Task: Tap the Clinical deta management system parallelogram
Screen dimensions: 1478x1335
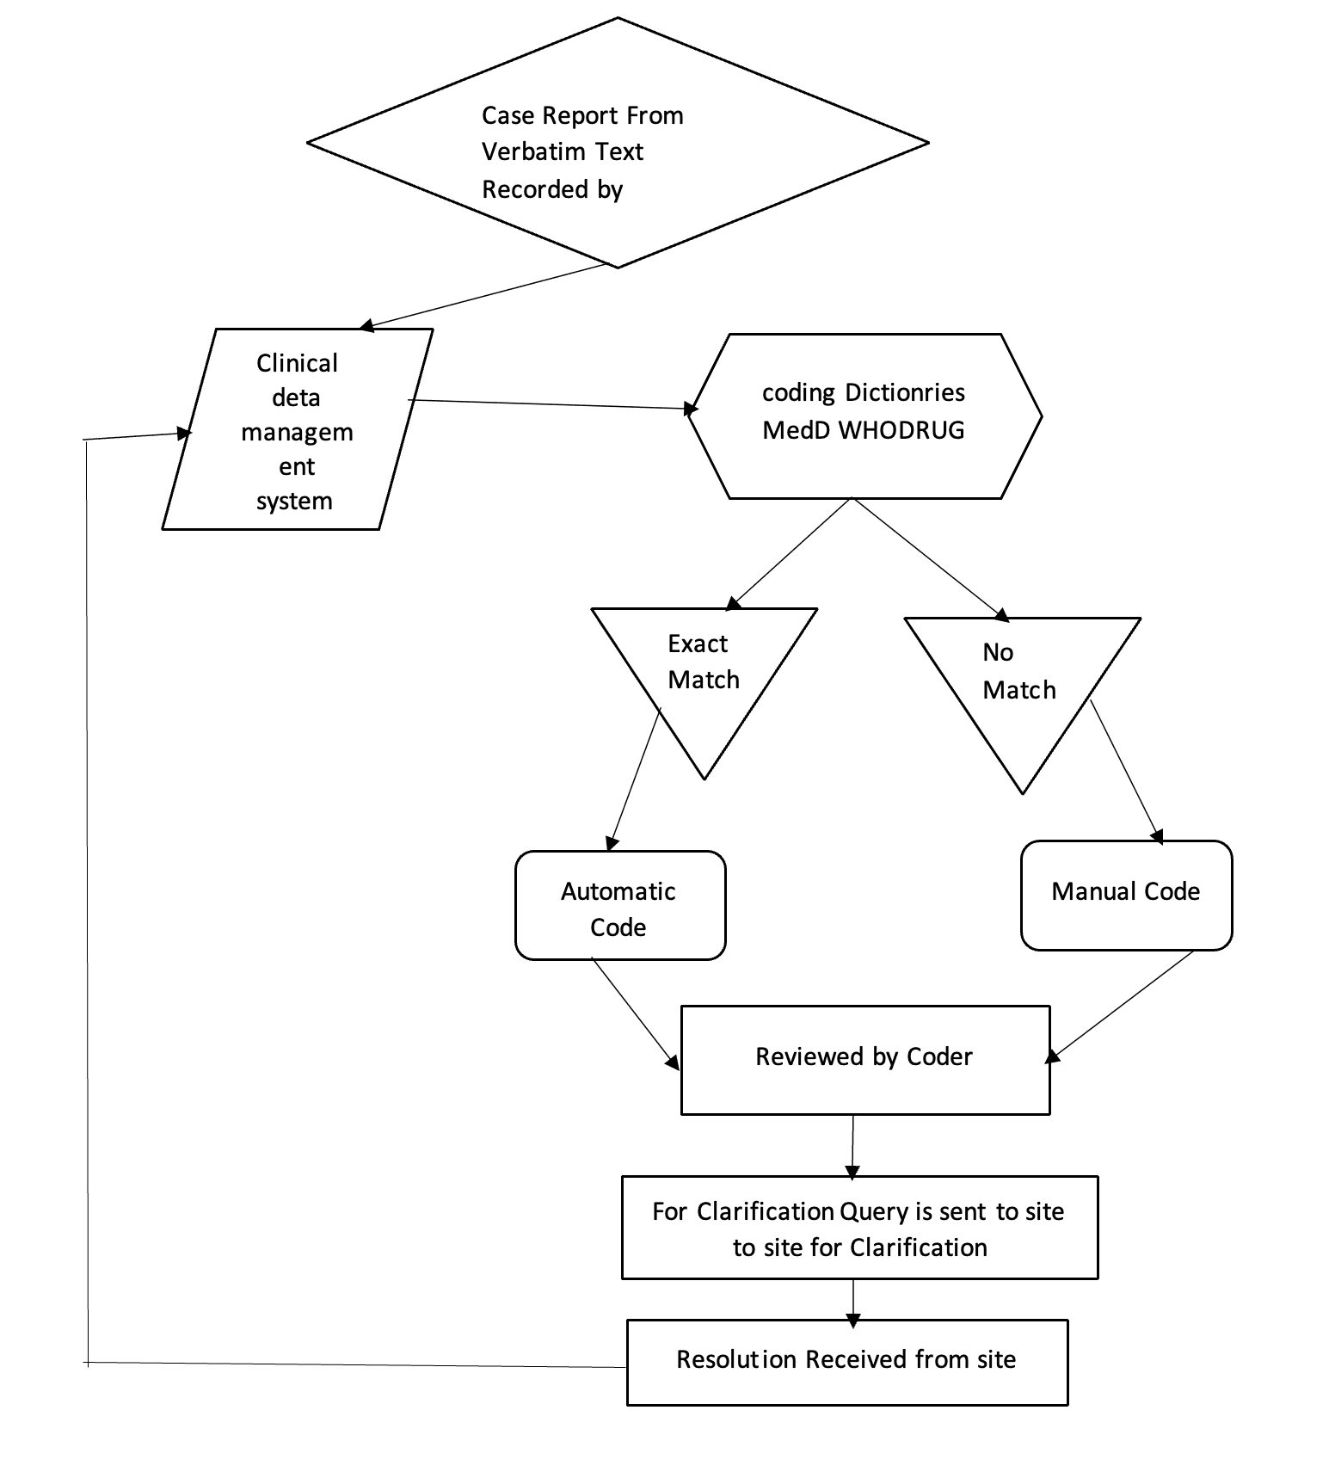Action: pos(297,430)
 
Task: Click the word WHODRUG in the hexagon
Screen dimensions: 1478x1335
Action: pos(901,430)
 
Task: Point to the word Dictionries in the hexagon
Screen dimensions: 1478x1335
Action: pos(905,392)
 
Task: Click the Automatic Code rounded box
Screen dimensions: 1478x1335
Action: pos(619,905)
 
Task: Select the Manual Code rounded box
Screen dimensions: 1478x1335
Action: pos(1125,895)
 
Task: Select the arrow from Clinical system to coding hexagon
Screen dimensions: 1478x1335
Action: pos(551,404)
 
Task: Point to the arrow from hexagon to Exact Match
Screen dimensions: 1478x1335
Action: pos(790,553)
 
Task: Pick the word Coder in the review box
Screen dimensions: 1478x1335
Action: pos(939,1056)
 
